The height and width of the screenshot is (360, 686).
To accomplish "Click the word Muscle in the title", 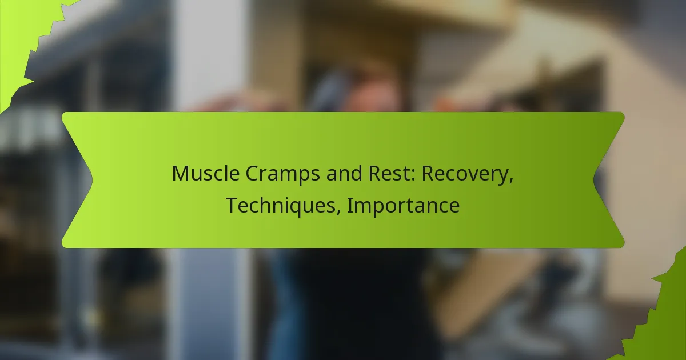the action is pos(205,173).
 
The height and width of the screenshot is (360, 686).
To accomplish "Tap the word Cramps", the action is pos(282,174).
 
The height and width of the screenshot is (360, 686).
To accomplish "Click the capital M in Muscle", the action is pos(180,174).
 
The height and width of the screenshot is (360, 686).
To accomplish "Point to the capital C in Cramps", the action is pos(252,174).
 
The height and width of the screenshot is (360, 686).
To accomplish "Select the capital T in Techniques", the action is pos(233,205).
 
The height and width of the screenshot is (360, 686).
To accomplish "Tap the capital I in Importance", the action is pos(349,205).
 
